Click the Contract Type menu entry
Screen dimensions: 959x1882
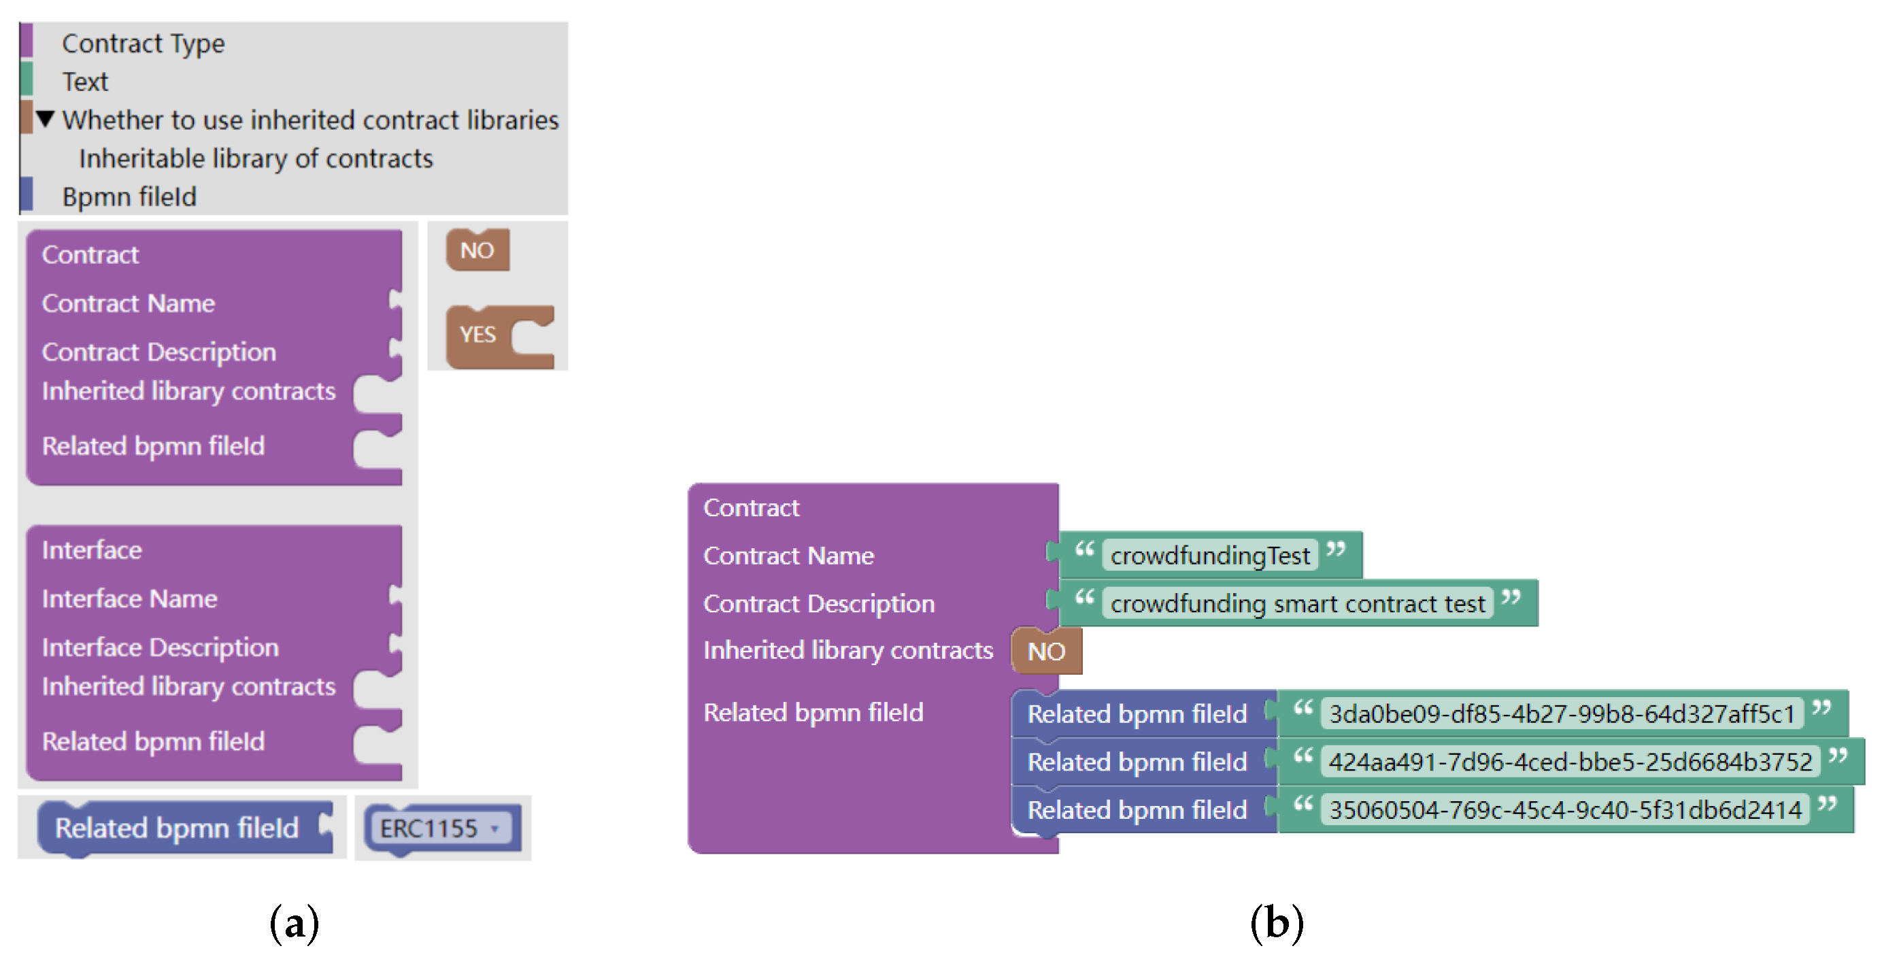pos(144,43)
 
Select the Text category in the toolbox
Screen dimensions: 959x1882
pos(85,81)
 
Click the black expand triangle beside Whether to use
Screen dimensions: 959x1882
pos(46,118)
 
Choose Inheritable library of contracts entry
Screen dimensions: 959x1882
pos(256,158)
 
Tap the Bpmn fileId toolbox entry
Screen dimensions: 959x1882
pos(129,197)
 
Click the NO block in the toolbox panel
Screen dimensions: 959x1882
pos(477,250)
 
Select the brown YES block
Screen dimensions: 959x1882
pos(477,335)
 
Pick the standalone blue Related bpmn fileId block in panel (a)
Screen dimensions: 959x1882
pos(177,828)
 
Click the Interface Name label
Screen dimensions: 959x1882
pos(129,599)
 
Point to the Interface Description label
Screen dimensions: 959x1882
pos(160,647)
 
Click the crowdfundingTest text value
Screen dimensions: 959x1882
pos(1210,556)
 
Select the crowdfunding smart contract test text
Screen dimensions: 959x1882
pos(1298,604)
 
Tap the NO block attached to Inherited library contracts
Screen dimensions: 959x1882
pos(1045,652)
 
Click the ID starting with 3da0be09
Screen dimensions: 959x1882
pos(1561,713)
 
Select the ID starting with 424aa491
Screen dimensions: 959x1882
pos(1570,762)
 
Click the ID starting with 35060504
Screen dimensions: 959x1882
pos(1565,810)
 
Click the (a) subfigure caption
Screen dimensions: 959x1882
pos(295,923)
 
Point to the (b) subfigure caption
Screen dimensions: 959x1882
pos(1277,923)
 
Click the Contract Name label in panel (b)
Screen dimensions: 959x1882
pos(788,556)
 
